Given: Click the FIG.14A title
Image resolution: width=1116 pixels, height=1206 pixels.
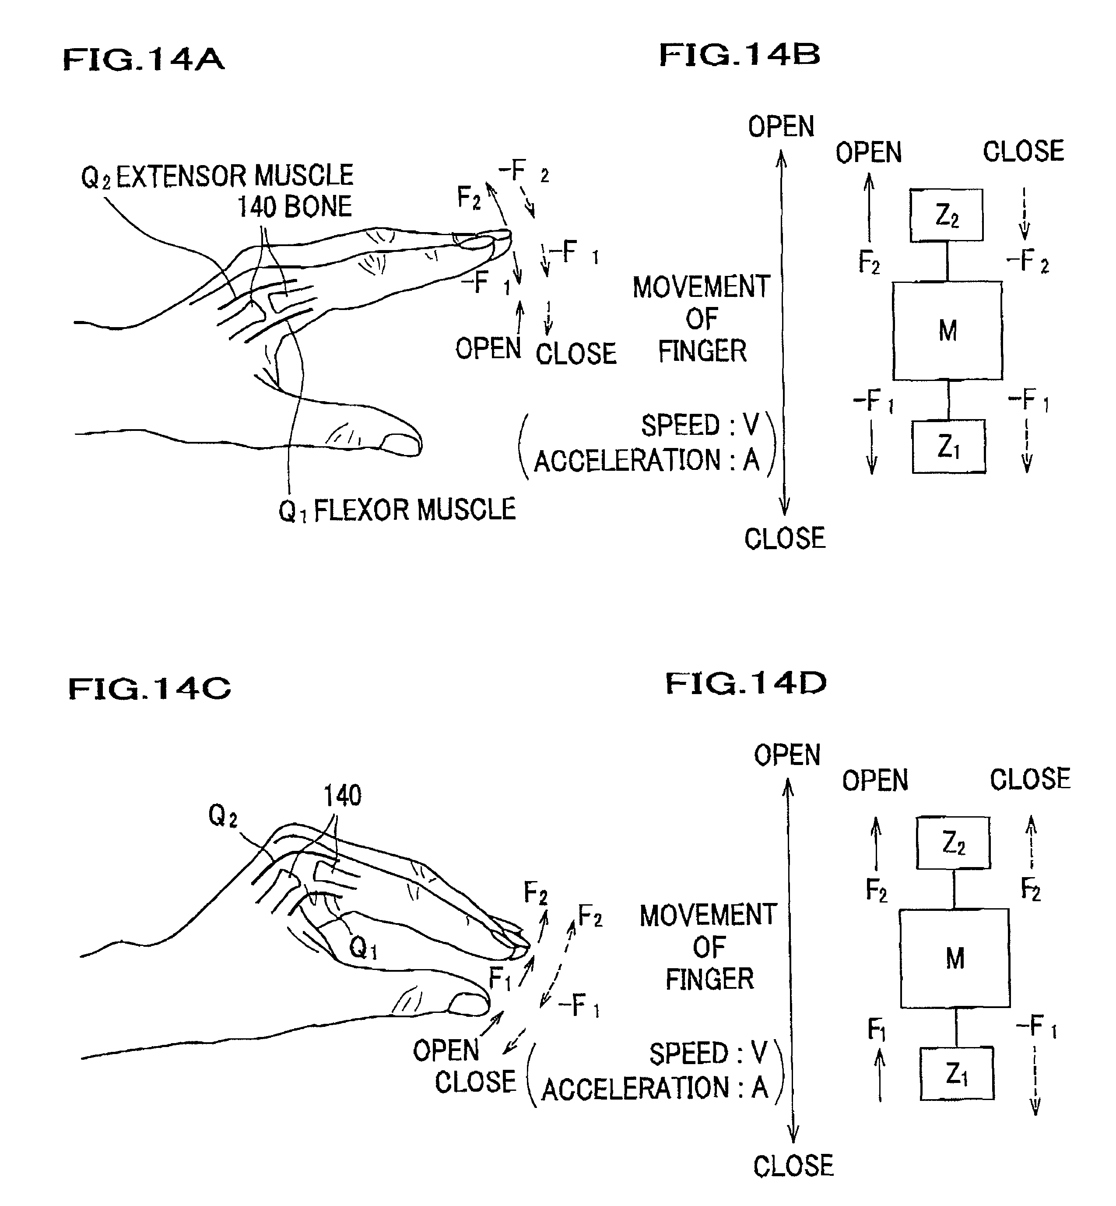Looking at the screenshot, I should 143,60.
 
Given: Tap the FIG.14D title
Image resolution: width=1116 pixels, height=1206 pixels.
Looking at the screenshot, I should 745,684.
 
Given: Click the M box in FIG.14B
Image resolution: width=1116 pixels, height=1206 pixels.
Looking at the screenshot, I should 948,331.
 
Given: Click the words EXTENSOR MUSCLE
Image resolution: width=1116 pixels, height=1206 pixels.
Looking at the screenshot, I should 234,176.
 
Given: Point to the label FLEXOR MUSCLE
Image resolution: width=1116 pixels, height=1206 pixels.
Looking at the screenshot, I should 414,509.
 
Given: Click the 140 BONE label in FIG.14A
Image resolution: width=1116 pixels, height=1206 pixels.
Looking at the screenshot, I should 294,207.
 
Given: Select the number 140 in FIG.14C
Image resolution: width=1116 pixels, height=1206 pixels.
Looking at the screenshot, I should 342,796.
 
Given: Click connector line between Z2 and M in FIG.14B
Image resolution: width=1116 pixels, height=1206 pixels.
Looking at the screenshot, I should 947,261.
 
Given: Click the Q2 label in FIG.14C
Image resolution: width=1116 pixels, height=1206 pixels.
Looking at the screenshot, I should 222,816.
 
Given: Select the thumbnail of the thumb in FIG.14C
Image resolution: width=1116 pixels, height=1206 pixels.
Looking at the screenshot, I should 469,1004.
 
